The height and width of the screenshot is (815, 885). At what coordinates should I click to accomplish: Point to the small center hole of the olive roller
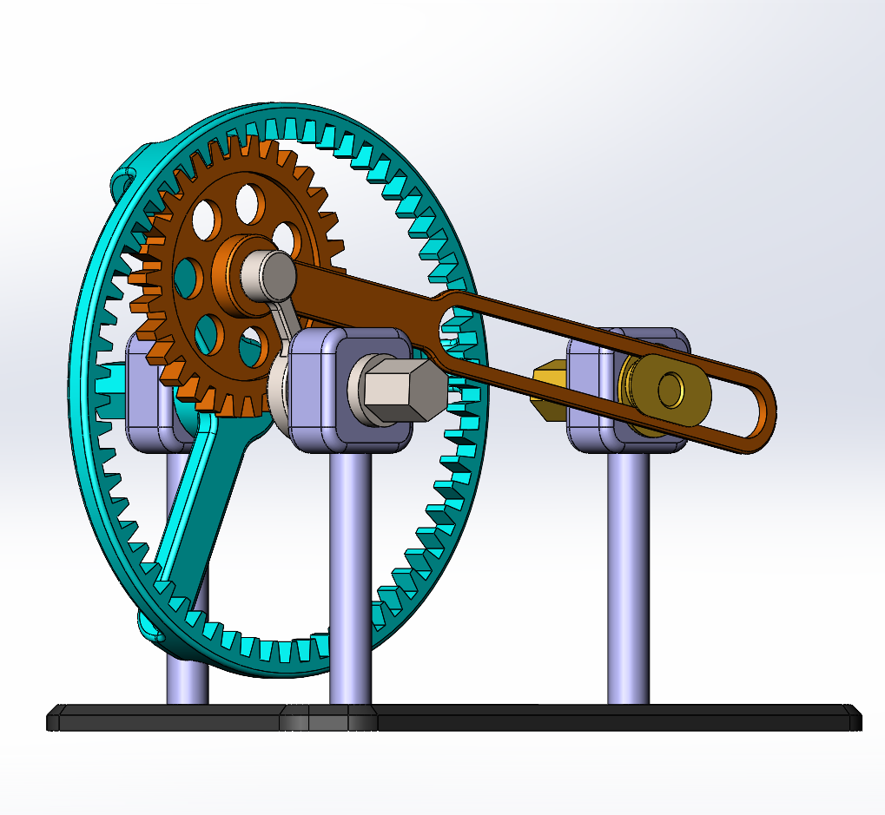tap(670, 390)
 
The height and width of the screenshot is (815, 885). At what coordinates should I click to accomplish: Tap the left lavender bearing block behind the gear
tap(148, 391)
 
